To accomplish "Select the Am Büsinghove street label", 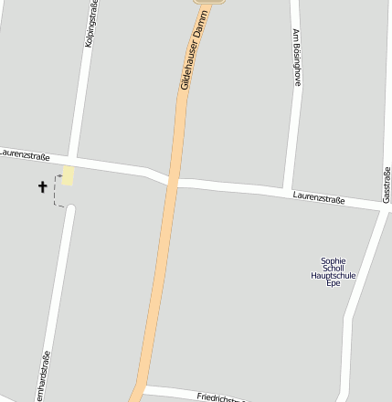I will point(296,57).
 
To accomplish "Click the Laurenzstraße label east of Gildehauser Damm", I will point(319,197).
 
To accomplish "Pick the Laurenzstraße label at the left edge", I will point(25,155).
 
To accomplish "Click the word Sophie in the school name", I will point(334,260).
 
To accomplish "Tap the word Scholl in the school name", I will point(334,268).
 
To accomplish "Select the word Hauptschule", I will point(334,275).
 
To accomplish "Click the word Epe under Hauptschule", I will point(334,283).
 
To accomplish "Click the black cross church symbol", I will point(42,187).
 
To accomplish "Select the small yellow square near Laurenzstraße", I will point(68,175).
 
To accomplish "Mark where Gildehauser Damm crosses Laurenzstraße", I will point(174,177).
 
